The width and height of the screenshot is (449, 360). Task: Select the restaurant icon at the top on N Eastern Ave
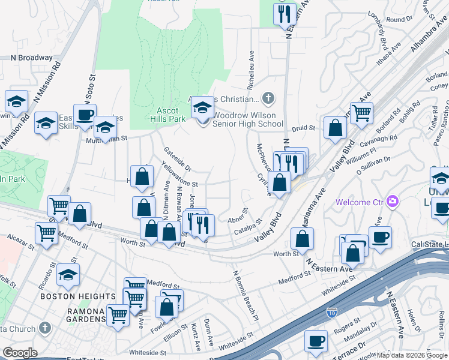[x=285, y=13]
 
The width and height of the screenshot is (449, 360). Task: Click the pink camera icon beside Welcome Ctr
[x=393, y=201]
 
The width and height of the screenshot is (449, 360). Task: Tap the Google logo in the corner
[x=20, y=352]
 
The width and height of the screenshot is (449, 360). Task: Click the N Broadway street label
[x=32, y=58]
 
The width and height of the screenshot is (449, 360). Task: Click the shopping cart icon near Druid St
[x=361, y=113]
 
